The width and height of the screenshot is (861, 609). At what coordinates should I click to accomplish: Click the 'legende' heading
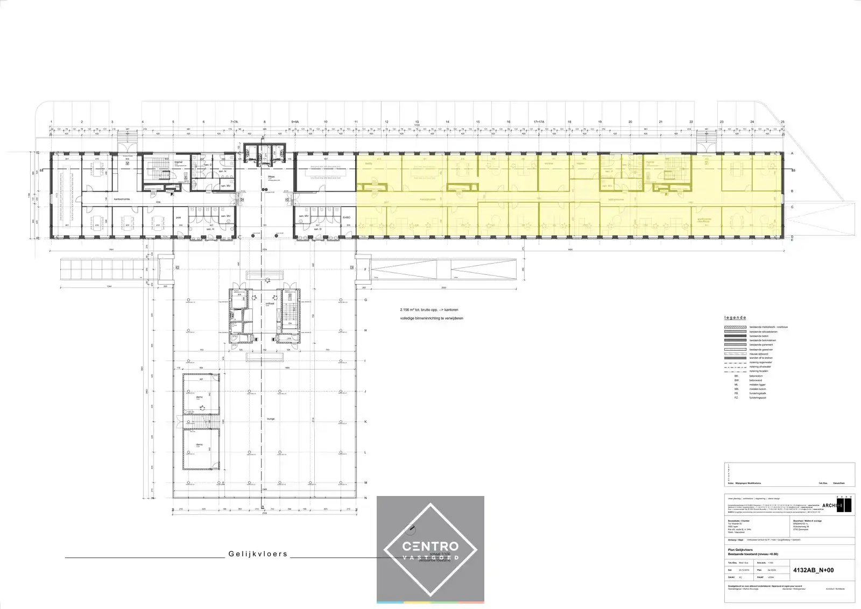pyautogui.click(x=735, y=318)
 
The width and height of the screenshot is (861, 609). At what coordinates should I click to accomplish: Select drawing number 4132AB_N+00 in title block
pyautogui.click(x=814, y=570)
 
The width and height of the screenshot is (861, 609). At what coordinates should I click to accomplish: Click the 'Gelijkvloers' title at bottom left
pyautogui.click(x=258, y=554)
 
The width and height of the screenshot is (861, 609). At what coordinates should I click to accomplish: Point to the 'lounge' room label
pyautogui.click(x=263, y=417)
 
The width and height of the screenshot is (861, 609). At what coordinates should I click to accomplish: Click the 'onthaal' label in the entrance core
pyautogui.click(x=270, y=303)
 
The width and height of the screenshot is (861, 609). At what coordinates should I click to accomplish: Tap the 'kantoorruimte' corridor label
pyautogui.click(x=122, y=199)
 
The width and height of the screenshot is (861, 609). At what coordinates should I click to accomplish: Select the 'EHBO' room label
pyautogui.click(x=347, y=217)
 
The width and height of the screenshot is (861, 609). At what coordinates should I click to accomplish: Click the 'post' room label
pyautogui.click(x=178, y=217)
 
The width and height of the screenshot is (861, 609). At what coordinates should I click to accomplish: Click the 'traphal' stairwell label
pyautogui.click(x=179, y=162)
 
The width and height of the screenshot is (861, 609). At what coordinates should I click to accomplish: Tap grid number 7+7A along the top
pyautogui.click(x=234, y=122)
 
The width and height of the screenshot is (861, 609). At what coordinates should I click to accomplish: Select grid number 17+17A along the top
pyautogui.click(x=539, y=122)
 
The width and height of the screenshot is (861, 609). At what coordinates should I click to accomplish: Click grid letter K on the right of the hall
pyautogui.click(x=365, y=422)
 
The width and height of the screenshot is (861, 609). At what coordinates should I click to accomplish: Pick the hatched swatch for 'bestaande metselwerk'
pyautogui.click(x=735, y=327)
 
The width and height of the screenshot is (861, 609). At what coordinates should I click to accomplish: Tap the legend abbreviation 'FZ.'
pyautogui.click(x=737, y=398)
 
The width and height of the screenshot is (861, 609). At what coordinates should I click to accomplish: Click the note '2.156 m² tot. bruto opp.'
pyautogui.click(x=429, y=310)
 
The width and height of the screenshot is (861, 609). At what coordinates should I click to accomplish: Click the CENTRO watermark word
pyautogui.click(x=430, y=547)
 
